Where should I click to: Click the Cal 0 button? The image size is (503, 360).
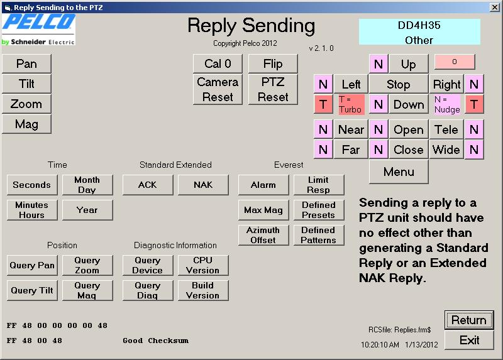[x=218, y=63]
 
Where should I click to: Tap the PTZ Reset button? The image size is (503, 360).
[x=273, y=89]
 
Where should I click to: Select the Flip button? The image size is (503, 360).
[x=273, y=63]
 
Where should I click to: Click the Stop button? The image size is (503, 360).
[x=399, y=84]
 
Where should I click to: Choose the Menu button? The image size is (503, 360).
[x=399, y=172]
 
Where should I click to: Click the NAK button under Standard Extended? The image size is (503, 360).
[x=203, y=185]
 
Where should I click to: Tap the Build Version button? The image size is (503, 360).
[x=203, y=290]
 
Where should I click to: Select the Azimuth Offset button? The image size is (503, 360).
[x=263, y=235]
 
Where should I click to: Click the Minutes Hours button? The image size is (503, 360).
[x=32, y=210]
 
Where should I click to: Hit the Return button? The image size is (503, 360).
[x=469, y=320]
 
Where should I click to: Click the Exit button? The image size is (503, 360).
[x=469, y=340]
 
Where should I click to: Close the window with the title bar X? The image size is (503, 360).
[x=495, y=7]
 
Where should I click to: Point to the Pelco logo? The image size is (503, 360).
[x=39, y=30]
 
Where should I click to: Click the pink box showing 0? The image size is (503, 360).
[x=455, y=62]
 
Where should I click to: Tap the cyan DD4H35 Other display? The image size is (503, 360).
[x=419, y=32]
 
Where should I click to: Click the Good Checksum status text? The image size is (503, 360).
[x=155, y=341]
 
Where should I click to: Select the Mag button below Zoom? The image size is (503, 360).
[x=26, y=124]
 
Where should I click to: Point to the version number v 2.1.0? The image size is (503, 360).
[x=321, y=48]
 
